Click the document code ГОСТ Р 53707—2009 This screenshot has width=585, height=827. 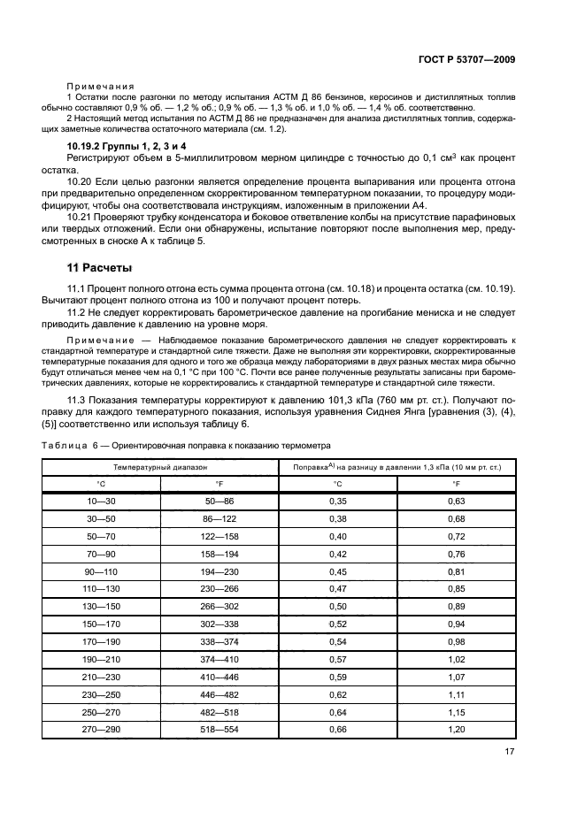pyautogui.click(x=466, y=59)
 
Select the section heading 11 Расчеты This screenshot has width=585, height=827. pyautogui.click(x=100, y=267)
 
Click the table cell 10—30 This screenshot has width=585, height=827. pyautogui.click(x=101, y=502)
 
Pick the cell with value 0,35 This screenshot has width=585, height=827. pyautogui.click(x=337, y=502)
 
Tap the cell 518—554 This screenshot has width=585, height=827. pyautogui.click(x=219, y=729)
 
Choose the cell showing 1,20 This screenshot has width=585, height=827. pyautogui.click(x=456, y=729)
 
